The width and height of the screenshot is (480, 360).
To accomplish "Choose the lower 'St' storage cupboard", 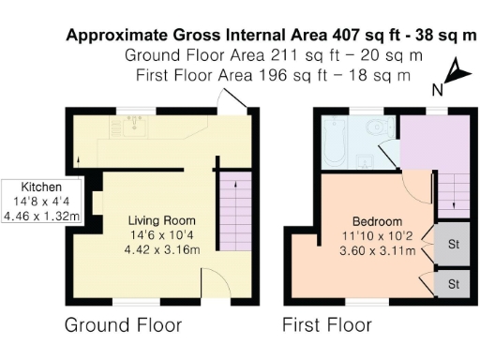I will click(x=454, y=283).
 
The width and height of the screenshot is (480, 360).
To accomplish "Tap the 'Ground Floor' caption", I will click(x=122, y=326).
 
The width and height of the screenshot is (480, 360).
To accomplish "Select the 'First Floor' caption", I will click(x=327, y=326).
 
